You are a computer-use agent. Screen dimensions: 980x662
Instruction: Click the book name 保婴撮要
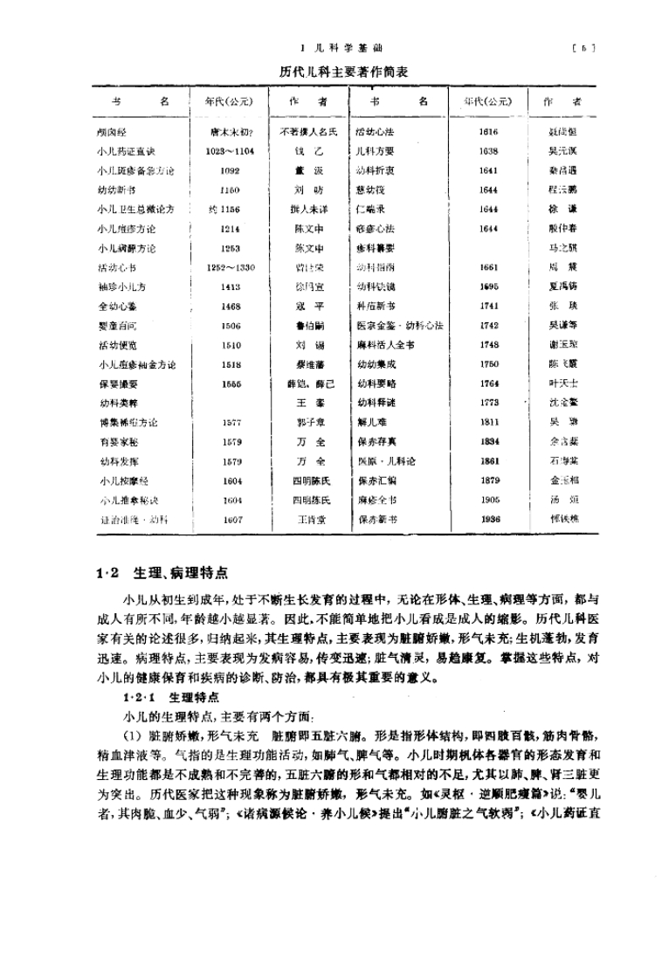(x=118, y=383)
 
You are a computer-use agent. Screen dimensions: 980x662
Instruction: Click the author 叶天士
(x=560, y=383)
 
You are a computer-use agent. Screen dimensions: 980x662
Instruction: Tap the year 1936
(x=489, y=519)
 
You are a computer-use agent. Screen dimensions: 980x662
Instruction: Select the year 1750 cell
(x=489, y=364)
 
